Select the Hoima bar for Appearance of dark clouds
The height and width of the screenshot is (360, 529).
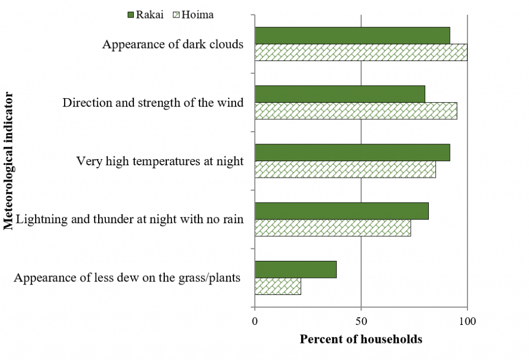(361, 53)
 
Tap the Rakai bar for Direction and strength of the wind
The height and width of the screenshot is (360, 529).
(340, 94)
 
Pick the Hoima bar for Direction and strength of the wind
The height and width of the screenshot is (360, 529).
(355, 111)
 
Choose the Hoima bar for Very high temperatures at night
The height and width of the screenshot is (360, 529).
(345, 169)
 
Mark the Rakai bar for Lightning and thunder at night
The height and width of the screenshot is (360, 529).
(341, 211)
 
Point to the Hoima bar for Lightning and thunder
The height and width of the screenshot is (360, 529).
(333, 228)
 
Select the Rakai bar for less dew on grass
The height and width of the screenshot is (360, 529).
(295, 269)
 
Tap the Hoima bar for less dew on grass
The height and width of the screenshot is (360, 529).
(278, 286)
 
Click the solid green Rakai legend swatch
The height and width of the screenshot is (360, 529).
(130, 14)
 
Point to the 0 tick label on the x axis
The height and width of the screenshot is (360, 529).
(255, 321)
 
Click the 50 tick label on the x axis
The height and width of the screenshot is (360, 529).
(361, 321)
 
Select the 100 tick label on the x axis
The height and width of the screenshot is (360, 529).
(467, 321)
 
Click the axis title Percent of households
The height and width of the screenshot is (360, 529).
(361, 339)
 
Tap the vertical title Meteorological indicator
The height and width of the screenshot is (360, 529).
(8, 161)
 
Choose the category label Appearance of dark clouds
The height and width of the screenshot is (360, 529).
(173, 44)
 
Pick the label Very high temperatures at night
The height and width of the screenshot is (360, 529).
(160, 161)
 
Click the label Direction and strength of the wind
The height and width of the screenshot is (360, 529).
(153, 103)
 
